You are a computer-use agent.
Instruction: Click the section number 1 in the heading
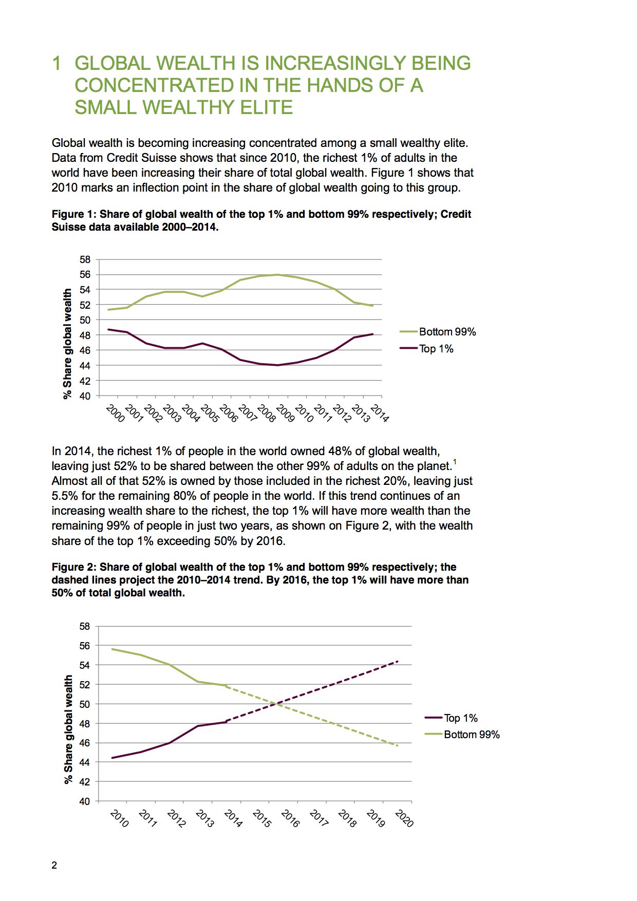57,63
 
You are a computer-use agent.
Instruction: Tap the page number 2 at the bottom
54,866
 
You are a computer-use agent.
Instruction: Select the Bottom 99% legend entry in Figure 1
438,332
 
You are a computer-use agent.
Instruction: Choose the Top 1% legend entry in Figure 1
426,349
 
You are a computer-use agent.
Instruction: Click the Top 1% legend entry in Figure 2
451,718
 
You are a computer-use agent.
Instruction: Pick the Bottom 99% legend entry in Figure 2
462,735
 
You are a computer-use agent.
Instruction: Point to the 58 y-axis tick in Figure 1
85,259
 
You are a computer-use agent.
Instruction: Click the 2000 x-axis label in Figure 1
116,413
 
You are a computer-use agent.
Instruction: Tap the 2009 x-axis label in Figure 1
286,413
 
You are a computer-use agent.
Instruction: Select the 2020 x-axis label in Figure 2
404,818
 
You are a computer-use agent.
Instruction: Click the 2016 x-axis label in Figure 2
290,818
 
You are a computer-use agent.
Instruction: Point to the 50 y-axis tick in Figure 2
85,704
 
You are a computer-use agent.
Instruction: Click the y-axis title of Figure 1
67,344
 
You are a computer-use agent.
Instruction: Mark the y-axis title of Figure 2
68,729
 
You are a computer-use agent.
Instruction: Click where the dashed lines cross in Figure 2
277,704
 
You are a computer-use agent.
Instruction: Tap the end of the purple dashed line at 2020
398,661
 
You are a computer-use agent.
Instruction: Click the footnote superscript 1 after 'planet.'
455,463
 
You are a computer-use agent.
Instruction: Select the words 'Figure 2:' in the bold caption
74,567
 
